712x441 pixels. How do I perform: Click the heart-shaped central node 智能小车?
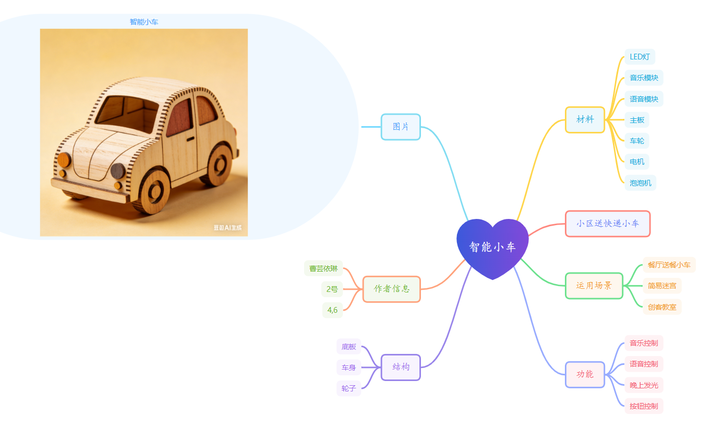click(492, 247)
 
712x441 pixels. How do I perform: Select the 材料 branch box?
click(585, 119)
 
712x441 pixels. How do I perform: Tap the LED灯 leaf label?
click(639, 57)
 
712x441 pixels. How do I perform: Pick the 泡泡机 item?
click(640, 183)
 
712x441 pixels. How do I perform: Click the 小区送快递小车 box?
click(608, 224)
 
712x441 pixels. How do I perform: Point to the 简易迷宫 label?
click(662, 286)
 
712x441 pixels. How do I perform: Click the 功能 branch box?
click(585, 374)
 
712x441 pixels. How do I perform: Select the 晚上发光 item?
click(644, 385)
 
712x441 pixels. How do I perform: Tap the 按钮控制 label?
click(644, 406)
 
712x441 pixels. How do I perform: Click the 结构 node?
click(401, 367)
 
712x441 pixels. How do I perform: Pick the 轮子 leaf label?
click(348, 388)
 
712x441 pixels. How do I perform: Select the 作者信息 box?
click(391, 289)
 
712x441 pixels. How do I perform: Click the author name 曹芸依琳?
click(323, 268)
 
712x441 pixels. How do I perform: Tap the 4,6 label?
click(332, 310)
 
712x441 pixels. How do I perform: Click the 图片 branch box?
click(401, 127)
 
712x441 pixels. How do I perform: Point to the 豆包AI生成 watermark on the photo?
click(227, 228)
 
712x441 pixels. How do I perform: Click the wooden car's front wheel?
click(155, 191)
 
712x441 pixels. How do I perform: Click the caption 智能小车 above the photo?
click(144, 22)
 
